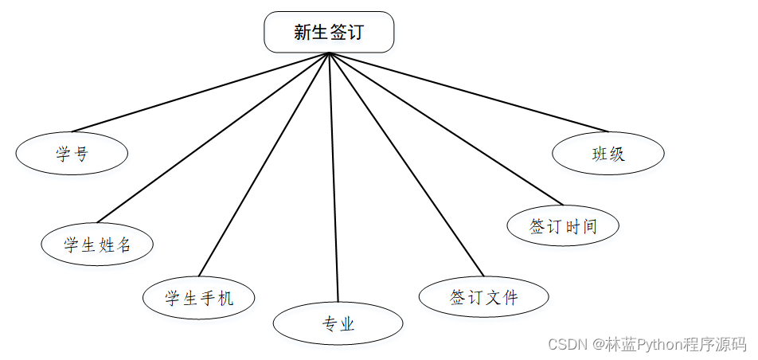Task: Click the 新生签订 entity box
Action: pos(329,32)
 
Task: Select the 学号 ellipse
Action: pos(72,153)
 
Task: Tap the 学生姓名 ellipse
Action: pos(97,245)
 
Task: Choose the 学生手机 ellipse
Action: pos(199,298)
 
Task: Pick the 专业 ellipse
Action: pos(338,323)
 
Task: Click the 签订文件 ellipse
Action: pos(483,297)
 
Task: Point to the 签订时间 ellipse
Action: pos(563,225)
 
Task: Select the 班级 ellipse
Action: pos(608,153)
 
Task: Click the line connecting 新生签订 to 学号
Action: pos(199,92)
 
